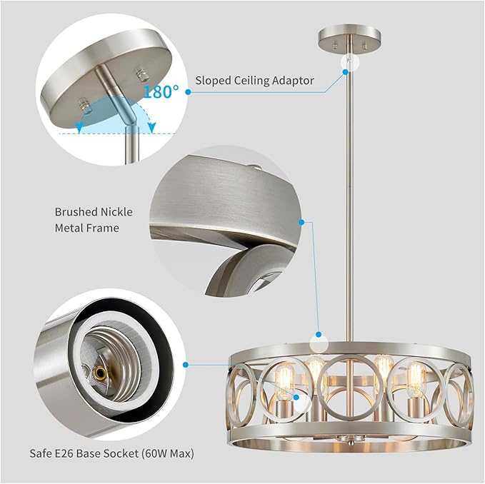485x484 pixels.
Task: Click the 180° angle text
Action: point(161,91)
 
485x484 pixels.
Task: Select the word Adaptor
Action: point(293,81)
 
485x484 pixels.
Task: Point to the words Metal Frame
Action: point(86,228)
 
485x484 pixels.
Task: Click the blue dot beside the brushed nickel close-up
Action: point(303,223)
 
